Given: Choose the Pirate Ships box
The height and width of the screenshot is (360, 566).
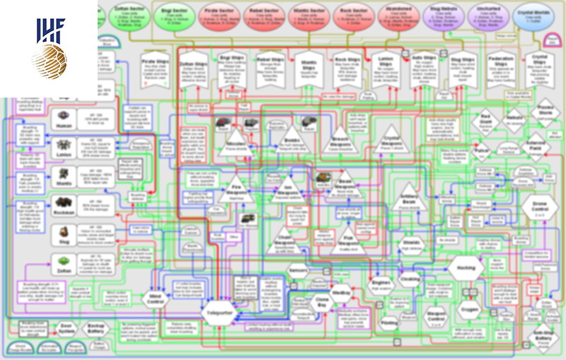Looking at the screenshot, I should pyautogui.click(x=150, y=68).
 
